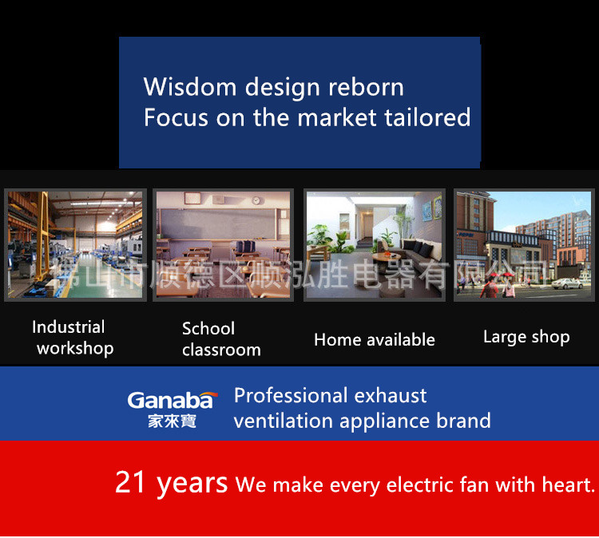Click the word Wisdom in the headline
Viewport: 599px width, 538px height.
pyautogui.click(x=190, y=87)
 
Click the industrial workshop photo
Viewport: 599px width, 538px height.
pyautogui.click(x=75, y=245)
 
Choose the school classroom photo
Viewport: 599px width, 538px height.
pyautogui.click(x=224, y=245)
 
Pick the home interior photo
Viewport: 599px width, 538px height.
pyautogui.click(x=375, y=245)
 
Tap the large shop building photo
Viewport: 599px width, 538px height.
pyautogui.click(x=524, y=245)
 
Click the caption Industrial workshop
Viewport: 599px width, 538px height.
pyautogui.click(x=73, y=338)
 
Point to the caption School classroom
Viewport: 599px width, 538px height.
pyautogui.click(x=221, y=339)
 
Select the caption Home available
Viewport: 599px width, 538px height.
pyautogui.click(x=375, y=340)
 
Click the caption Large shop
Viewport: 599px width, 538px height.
pyautogui.click(x=526, y=337)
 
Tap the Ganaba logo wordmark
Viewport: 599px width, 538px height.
pyautogui.click(x=173, y=400)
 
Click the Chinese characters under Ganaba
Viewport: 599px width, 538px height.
pyautogui.click(x=172, y=421)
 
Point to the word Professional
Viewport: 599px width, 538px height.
pyautogui.click(x=290, y=396)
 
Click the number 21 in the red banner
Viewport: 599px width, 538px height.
pyautogui.click(x=130, y=482)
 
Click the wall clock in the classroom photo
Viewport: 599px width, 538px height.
pyautogui.click(x=256, y=200)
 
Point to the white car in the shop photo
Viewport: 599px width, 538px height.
pyautogui.click(x=567, y=283)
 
